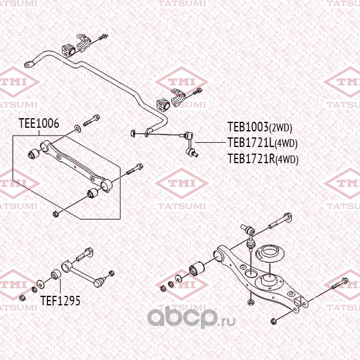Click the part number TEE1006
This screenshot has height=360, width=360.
tap(39, 124)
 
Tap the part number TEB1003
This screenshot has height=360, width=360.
tap(247, 127)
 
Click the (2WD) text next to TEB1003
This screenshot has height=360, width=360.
tap(280, 128)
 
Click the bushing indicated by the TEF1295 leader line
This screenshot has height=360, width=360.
tap(53, 275)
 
